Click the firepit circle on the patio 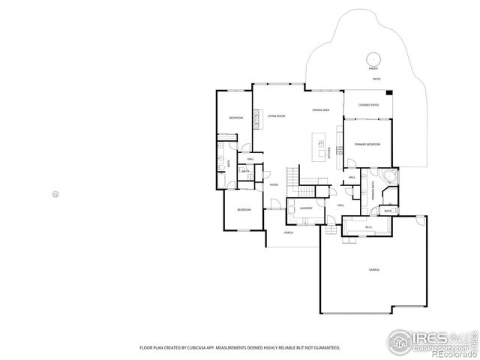pyautogui.click(x=373, y=59)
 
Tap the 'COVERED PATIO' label pyautogui.click(x=368, y=105)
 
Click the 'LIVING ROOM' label pyautogui.click(x=276, y=116)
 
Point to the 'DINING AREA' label pyautogui.click(x=322, y=111)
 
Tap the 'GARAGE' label pyautogui.click(x=373, y=268)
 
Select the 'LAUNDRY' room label pyautogui.click(x=306, y=208)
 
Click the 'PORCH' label pyautogui.click(x=289, y=233)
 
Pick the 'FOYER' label pyautogui.click(x=274, y=184)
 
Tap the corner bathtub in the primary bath pyautogui.click(x=388, y=177)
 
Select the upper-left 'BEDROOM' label pyautogui.click(x=235, y=118)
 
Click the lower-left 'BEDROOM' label pyautogui.click(x=244, y=210)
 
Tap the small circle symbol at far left pyautogui.click(x=55, y=194)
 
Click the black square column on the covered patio pyautogui.click(x=389, y=93)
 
